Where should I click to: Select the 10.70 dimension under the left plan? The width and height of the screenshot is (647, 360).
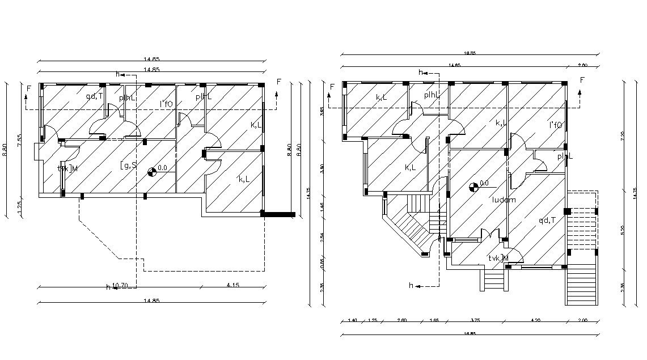tap(120, 285)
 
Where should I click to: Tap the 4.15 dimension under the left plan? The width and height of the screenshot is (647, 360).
tap(231, 285)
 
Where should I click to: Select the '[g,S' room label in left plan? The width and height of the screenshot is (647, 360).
tap(128, 165)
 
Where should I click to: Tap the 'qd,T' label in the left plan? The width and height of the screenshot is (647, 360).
tap(94, 96)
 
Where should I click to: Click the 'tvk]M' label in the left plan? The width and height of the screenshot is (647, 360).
tap(67, 168)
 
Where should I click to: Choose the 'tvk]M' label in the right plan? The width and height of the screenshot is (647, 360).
tap(498, 258)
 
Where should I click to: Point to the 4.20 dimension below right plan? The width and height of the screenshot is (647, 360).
tap(535, 320)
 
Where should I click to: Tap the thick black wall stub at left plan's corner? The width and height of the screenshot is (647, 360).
tap(278, 214)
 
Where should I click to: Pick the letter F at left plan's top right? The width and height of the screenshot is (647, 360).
tap(278, 82)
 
